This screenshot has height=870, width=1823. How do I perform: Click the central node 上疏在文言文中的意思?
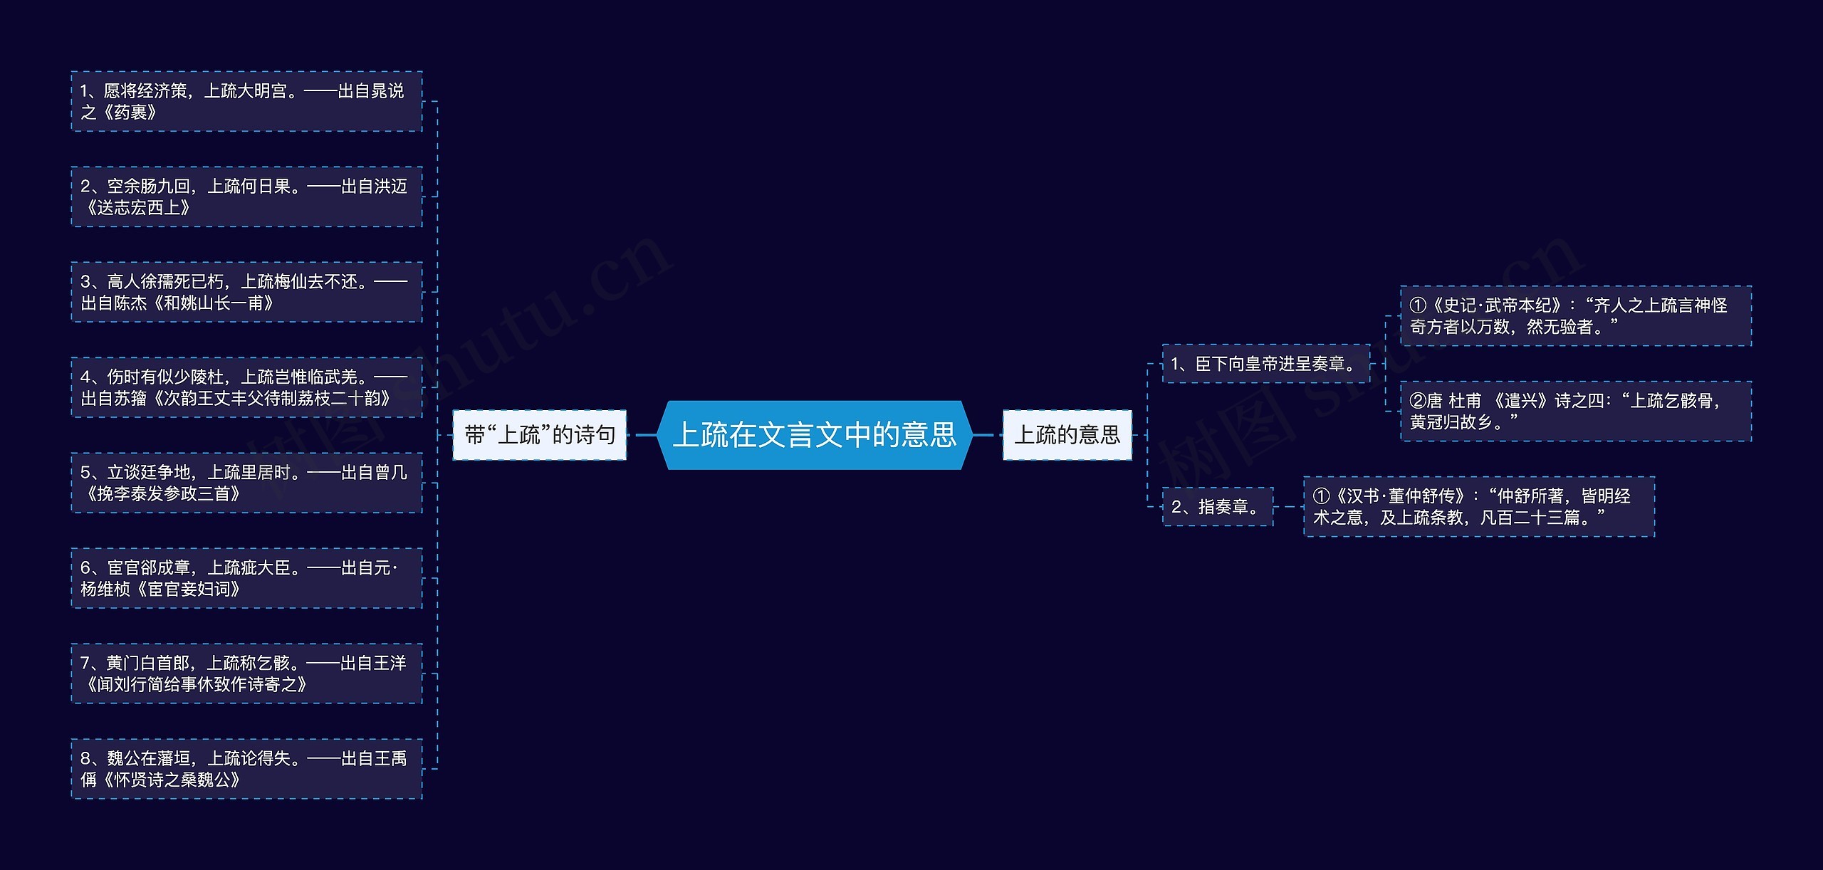(x=815, y=434)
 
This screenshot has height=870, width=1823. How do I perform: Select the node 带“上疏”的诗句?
(x=539, y=434)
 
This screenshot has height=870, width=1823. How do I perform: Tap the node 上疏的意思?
(x=1067, y=434)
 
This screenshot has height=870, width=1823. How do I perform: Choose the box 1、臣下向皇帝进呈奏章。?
(x=1265, y=364)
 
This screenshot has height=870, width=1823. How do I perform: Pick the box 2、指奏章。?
(x=1217, y=506)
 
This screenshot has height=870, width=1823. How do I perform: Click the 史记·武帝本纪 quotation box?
(x=1575, y=316)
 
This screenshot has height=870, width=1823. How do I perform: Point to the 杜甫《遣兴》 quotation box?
(x=1575, y=412)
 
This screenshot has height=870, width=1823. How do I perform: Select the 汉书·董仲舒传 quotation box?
(x=1478, y=506)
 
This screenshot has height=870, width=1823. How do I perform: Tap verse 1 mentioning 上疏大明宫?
(x=246, y=101)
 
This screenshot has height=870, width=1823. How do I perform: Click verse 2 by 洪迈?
(x=246, y=196)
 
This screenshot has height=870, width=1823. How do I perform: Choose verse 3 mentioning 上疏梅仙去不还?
(x=246, y=292)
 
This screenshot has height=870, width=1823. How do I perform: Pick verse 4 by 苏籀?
(x=246, y=387)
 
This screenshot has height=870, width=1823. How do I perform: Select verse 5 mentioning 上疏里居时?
(x=246, y=483)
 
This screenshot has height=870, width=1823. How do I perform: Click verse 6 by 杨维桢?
(x=246, y=578)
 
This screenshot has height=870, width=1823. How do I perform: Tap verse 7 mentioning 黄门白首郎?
(x=246, y=674)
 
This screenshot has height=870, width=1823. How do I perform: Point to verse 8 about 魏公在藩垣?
(x=246, y=769)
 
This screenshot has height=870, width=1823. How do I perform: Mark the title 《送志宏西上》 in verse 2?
(x=137, y=208)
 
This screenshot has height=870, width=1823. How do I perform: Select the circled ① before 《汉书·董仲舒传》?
(x=1321, y=496)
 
